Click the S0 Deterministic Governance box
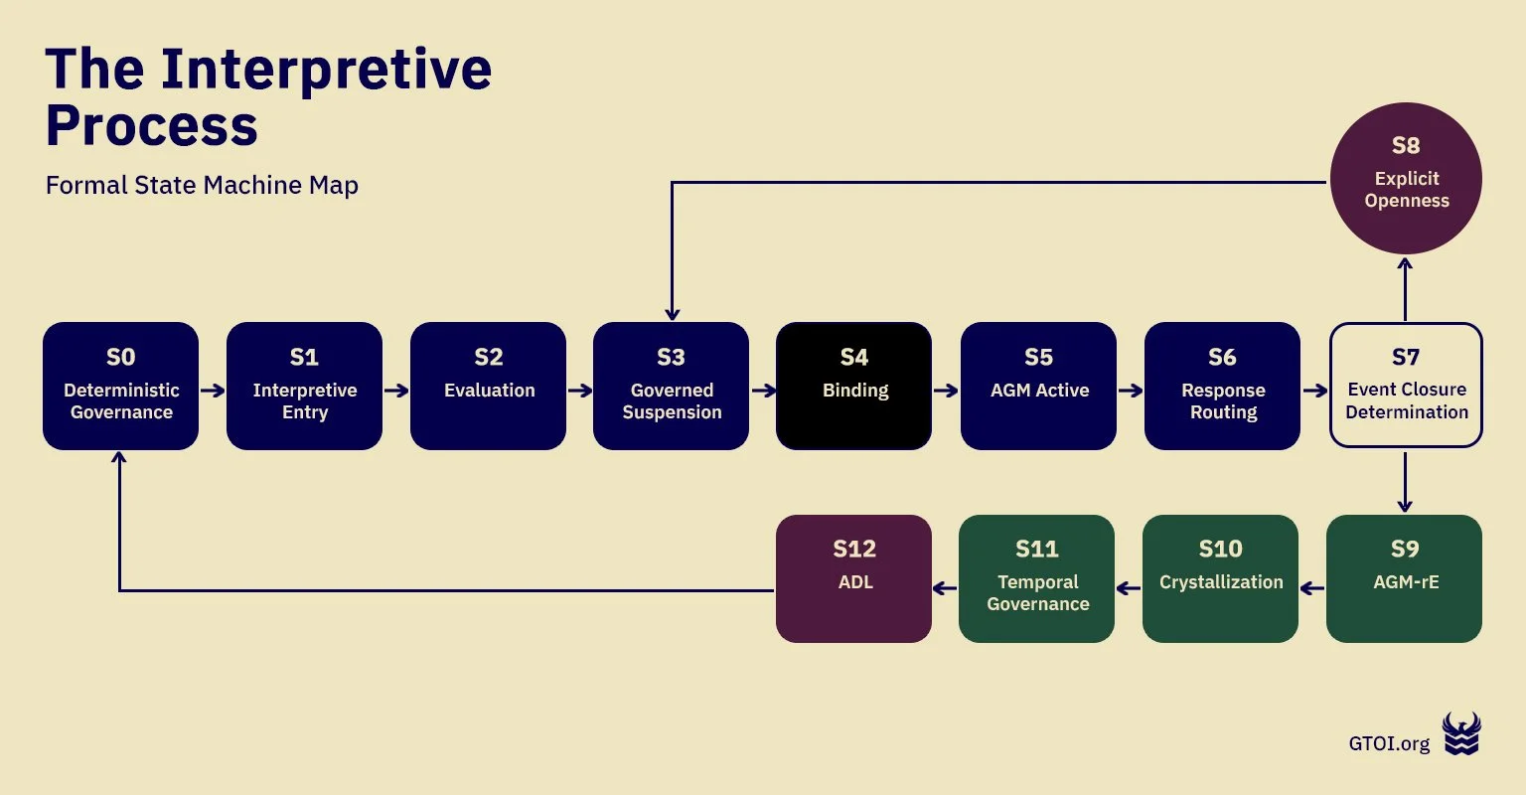(x=120, y=386)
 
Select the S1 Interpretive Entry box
(x=304, y=386)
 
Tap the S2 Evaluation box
(x=488, y=386)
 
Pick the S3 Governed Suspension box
(x=671, y=386)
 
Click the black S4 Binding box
(x=853, y=386)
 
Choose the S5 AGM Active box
(x=1038, y=386)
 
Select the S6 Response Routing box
(x=1222, y=386)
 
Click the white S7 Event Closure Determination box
(x=1406, y=386)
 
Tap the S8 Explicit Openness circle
(x=1406, y=178)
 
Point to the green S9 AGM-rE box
(x=1404, y=578)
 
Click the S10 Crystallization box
(x=1220, y=578)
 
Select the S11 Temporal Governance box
(x=1036, y=578)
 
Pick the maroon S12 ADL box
(x=853, y=578)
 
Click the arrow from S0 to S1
(x=213, y=391)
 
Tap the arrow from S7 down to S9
(x=1405, y=482)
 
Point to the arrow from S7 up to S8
(x=1405, y=288)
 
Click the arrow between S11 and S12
(x=945, y=588)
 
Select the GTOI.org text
(x=1389, y=743)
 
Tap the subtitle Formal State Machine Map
(x=202, y=186)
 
